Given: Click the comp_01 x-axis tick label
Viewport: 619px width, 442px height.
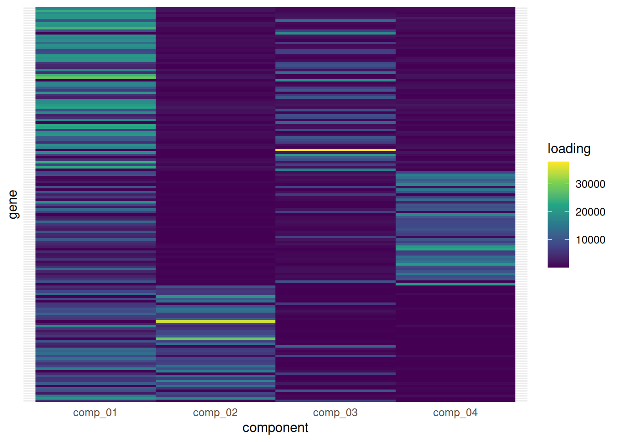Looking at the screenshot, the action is pyautogui.click(x=95, y=413).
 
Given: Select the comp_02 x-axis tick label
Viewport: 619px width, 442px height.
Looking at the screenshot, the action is pyautogui.click(x=215, y=413).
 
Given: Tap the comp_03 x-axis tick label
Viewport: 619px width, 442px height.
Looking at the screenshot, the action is pyautogui.click(x=335, y=413).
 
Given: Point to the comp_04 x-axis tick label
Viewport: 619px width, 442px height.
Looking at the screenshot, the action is pyautogui.click(x=455, y=413).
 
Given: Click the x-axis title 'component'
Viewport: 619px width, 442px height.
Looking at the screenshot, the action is pyautogui.click(x=275, y=428).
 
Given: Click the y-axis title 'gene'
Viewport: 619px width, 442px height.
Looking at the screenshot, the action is pyautogui.click(x=13, y=204).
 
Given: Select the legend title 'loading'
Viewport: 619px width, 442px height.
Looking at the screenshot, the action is pyautogui.click(x=569, y=149).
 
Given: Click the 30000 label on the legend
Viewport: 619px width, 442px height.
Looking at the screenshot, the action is pyautogui.click(x=590, y=184).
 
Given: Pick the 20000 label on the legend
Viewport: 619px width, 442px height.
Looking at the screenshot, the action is pyautogui.click(x=590, y=212).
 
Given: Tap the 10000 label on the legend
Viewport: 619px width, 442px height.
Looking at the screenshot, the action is pyautogui.click(x=590, y=240).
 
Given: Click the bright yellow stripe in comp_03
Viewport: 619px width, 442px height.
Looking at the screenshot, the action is pyautogui.click(x=335, y=150).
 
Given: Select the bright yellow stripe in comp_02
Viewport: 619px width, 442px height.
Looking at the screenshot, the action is pyautogui.click(x=215, y=321).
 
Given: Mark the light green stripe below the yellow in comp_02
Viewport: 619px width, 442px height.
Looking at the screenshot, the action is pyautogui.click(x=215, y=339).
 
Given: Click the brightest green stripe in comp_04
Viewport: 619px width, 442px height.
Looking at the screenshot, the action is pyautogui.click(x=455, y=248).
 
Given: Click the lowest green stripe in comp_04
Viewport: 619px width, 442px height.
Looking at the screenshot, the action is pyautogui.click(x=455, y=284).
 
